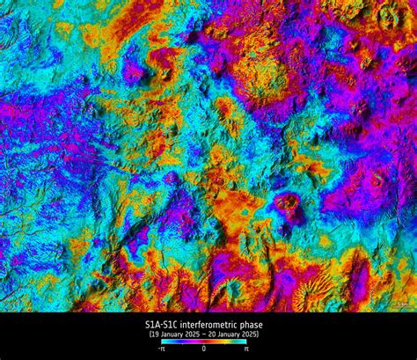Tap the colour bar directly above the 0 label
click(204, 342)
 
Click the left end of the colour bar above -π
click(163, 342)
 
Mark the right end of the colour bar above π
click(245, 342)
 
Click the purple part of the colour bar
click(182, 342)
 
